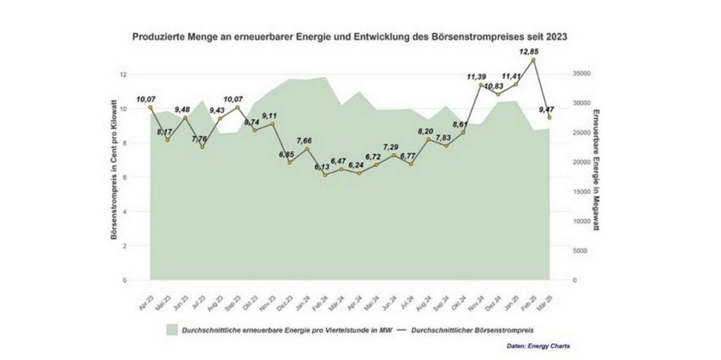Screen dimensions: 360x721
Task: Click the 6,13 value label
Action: click(x=322, y=167)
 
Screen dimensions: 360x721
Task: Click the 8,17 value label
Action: click(x=165, y=131)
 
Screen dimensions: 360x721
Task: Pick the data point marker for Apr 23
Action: click(x=150, y=108)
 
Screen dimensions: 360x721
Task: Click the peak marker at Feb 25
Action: click(x=533, y=60)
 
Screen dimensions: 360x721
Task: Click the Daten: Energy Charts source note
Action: click(x=539, y=346)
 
